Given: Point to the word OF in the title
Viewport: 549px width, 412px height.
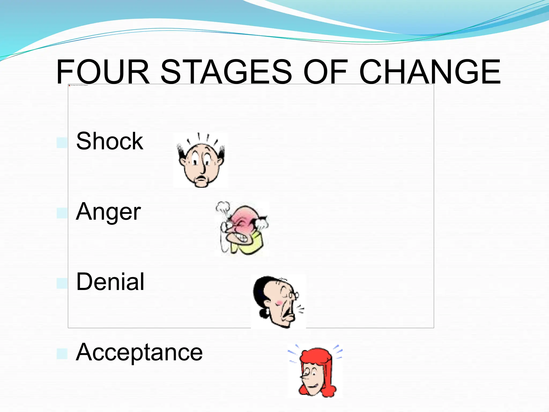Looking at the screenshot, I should [325, 72].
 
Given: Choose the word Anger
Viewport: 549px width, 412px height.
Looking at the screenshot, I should [108, 212].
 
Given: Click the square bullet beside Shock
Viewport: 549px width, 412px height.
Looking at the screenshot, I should [62, 143].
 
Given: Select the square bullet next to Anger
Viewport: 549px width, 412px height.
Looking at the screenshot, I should [62, 213].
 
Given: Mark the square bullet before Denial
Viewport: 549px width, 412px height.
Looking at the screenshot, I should [62, 283].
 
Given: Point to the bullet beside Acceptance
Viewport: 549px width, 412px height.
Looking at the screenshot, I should [62, 354].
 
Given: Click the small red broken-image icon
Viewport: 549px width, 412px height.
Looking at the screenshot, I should [69, 85].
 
